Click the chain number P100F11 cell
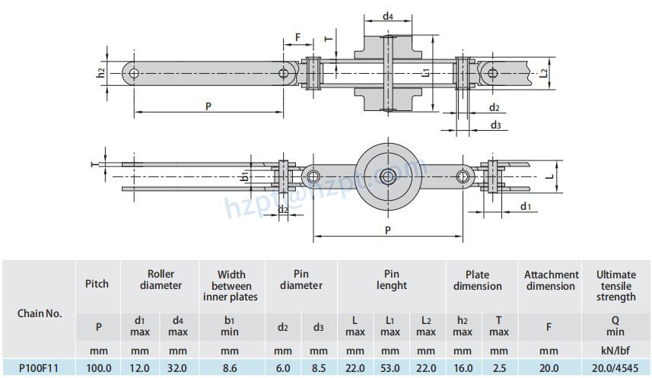[38, 367]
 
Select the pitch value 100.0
[98, 367]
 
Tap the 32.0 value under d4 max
[178, 367]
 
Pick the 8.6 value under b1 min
[230, 367]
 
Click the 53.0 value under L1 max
[390, 367]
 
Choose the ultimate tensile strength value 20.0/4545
[615, 367]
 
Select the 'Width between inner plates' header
[231, 285]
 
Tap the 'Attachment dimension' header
[550, 280]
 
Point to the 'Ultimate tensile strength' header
[615, 285]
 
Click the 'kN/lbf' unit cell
[615, 351]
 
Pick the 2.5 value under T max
[499, 367]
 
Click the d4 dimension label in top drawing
[387, 16]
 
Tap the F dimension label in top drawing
[297, 36]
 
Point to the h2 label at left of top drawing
[101, 73]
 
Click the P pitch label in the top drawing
[208, 106]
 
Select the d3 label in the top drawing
[495, 125]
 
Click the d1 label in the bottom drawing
[526, 207]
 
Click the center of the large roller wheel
[388, 176]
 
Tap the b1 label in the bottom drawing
[244, 176]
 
